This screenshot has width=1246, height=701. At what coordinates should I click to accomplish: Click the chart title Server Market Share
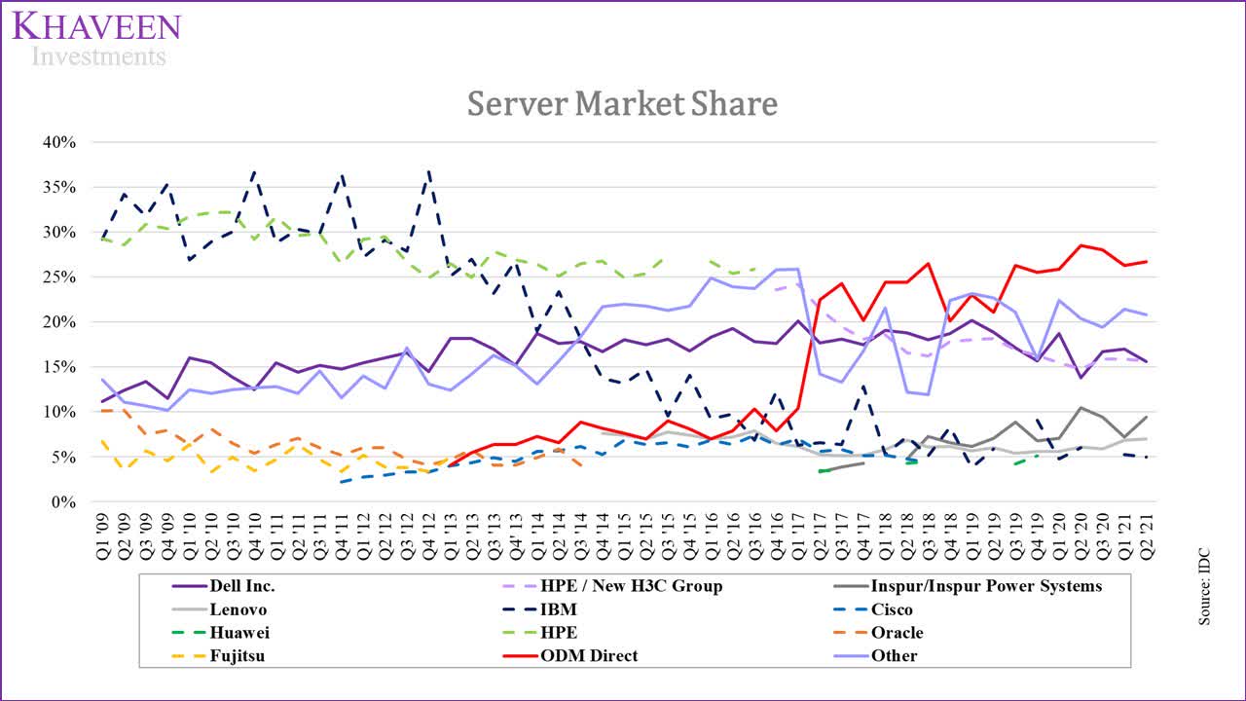tap(622, 103)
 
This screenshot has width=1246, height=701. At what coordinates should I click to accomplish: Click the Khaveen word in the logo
tap(96, 25)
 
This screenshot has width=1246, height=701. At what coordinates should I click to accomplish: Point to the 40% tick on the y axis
tap(59, 142)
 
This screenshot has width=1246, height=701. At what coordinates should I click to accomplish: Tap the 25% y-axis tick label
tap(59, 277)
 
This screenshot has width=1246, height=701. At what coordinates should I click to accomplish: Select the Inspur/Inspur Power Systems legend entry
tap(986, 586)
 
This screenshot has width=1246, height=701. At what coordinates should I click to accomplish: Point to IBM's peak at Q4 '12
tap(429, 172)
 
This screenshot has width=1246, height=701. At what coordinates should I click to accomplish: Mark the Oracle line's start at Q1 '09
tap(102, 411)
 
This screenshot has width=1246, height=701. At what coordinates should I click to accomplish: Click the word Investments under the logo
tap(98, 56)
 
